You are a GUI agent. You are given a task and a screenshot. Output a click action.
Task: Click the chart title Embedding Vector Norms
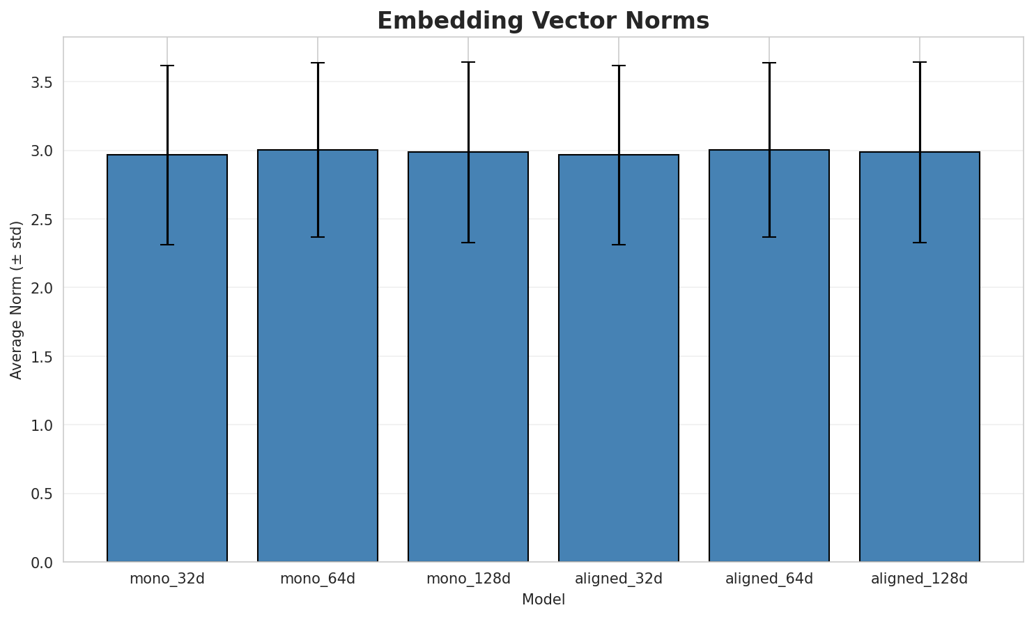[x=543, y=21]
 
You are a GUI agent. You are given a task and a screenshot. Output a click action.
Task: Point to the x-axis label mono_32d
[x=167, y=579]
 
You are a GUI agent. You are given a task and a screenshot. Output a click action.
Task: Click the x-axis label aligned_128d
[x=920, y=579]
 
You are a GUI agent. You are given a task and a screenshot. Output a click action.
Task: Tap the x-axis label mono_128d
[x=468, y=579]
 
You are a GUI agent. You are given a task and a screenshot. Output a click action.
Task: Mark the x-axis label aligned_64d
[x=769, y=579]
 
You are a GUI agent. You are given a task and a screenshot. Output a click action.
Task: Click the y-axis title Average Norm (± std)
[x=17, y=300]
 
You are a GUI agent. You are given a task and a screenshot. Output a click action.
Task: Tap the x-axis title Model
[x=543, y=600]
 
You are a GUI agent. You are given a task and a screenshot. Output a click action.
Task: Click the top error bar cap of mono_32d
[x=167, y=66]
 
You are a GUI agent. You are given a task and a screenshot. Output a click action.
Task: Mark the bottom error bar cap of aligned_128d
[x=920, y=243]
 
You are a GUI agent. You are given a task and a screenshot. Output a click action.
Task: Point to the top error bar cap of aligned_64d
[x=769, y=63]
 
